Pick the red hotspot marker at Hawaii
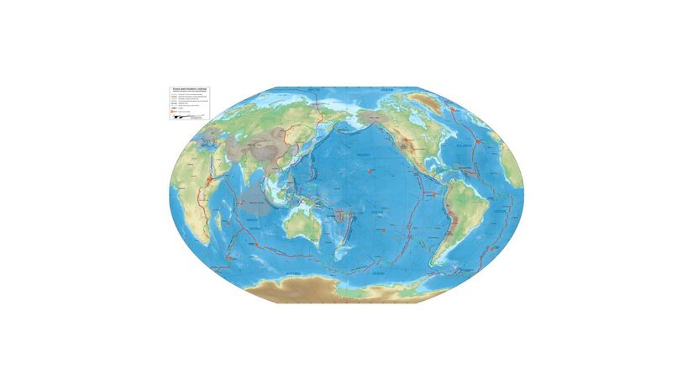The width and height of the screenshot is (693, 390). tap(370, 170)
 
